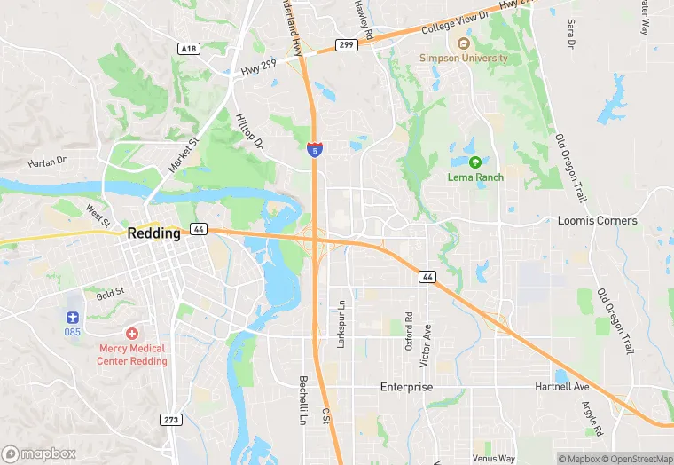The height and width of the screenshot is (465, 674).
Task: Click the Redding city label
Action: click(153, 233)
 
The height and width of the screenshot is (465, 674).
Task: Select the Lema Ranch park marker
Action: click(475, 162)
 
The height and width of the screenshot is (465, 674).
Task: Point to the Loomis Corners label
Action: click(597, 220)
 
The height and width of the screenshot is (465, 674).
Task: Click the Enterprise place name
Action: click(406, 388)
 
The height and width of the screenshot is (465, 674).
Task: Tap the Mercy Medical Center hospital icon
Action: click(132, 334)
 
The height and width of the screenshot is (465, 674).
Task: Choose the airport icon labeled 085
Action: click(73, 317)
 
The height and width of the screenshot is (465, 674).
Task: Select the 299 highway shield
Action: click(347, 44)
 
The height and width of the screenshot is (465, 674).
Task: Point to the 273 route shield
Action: click(173, 419)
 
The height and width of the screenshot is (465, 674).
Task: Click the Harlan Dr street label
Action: click(47, 162)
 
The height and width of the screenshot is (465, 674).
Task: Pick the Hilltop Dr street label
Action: click(250, 130)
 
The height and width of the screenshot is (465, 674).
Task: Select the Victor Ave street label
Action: click(427, 334)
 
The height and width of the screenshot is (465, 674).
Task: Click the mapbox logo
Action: click(37, 453)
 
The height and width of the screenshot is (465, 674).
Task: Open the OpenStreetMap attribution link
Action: click(637, 459)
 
